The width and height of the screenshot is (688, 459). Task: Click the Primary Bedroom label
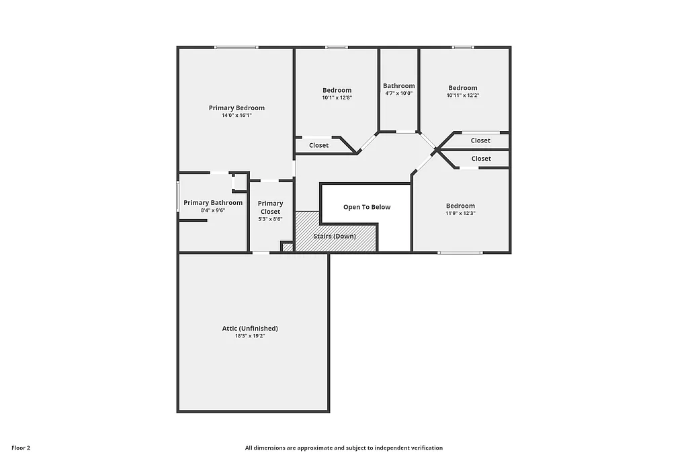tap(236, 108)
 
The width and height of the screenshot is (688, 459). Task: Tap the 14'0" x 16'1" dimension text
tap(236, 116)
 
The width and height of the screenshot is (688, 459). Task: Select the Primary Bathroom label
tap(213, 203)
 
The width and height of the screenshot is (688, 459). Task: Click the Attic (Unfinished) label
tap(250, 329)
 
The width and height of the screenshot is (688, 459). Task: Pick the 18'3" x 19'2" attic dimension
tap(250, 336)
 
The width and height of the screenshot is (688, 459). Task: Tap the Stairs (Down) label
tap(335, 237)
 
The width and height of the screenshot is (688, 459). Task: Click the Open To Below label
tap(367, 207)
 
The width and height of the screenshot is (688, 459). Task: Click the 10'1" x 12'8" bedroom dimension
tap(337, 98)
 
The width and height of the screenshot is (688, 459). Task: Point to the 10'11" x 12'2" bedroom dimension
tap(463, 95)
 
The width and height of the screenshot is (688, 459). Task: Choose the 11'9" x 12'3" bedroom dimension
tap(461, 214)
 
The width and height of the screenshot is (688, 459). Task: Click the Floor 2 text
tap(21, 448)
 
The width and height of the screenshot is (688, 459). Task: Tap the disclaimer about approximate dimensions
tap(344, 448)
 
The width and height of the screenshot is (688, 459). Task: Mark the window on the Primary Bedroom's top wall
tap(236, 47)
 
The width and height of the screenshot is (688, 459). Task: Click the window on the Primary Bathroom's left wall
tap(178, 196)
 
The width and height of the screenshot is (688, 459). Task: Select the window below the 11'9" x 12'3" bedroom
tap(460, 253)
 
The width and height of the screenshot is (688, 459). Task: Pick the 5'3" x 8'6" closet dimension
tap(271, 219)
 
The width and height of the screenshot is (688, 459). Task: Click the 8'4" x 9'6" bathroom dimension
tap(213, 210)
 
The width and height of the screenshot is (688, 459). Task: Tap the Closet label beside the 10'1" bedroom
tap(319, 145)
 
